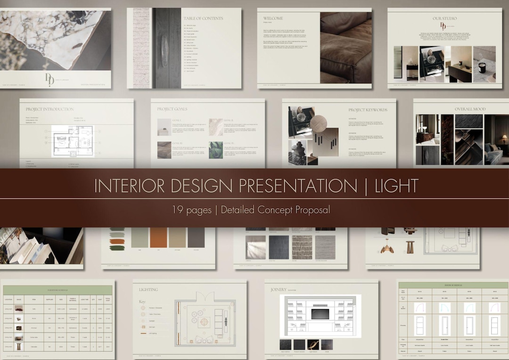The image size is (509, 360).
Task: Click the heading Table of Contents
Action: click(x=203, y=18)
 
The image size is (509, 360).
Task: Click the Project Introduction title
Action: click(x=49, y=109)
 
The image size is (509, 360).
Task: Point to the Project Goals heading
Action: click(x=172, y=109)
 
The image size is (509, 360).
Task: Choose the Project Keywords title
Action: click(x=368, y=110)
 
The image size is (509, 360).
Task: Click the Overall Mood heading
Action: click(x=470, y=109)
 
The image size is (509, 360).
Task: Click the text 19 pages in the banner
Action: click(x=192, y=210)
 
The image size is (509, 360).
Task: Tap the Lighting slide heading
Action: click(x=148, y=290)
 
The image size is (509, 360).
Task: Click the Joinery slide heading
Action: click(x=279, y=290)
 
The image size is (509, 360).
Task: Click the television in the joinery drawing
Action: click(x=320, y=313)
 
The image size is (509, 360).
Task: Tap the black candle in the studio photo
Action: click(x=482, y=67)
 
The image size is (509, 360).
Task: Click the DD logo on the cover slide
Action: click(x=49, y=79)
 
